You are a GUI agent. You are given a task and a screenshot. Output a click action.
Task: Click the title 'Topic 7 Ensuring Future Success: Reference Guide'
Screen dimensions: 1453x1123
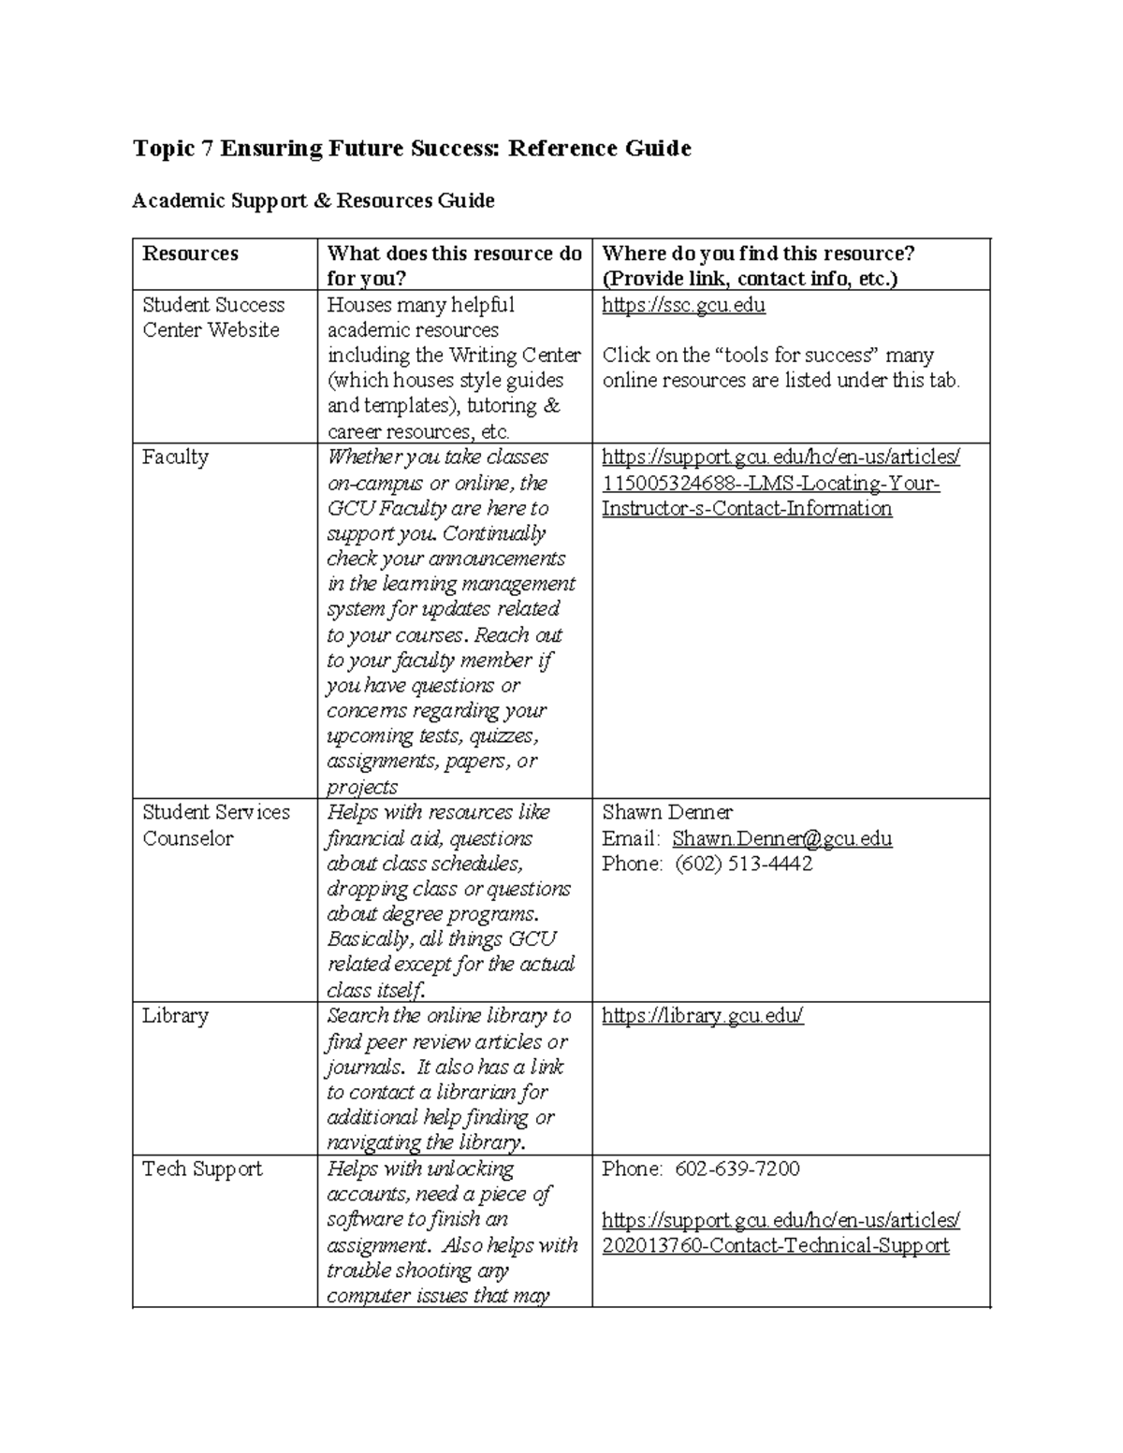click(412, 149)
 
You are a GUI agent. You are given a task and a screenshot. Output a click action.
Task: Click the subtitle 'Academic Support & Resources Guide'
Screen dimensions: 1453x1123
click(313, 200)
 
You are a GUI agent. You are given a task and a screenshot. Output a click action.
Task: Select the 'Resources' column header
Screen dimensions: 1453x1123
click(190, 254)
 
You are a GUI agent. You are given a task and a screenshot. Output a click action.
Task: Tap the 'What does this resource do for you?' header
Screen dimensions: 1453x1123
click(454, 266)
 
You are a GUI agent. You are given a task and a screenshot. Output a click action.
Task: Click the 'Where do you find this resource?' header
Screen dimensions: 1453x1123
click(758, 254)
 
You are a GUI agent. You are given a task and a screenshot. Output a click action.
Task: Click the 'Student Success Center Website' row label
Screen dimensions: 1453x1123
click(212, 317)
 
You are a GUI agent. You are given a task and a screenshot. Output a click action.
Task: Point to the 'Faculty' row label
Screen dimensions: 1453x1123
click(175, 458)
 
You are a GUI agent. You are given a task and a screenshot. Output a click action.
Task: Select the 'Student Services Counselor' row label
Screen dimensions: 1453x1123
click(215, 825)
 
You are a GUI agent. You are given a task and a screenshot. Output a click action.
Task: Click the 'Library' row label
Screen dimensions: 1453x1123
click(175, 1016)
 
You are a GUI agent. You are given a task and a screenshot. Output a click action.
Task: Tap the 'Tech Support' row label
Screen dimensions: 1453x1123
click(202, 1169)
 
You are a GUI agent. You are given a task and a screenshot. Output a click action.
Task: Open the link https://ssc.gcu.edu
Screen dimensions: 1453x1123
click(683, 305)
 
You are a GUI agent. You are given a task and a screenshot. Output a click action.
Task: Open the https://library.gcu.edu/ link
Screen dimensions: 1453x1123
click(702, 1016)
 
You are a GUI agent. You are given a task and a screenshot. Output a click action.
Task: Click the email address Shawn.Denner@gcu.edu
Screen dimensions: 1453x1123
click(781, 838)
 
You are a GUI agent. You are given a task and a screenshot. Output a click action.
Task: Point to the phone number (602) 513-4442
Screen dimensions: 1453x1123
click(743, 864)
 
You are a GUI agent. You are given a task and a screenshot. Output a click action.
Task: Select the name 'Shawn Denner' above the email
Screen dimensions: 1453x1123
click(666, 812)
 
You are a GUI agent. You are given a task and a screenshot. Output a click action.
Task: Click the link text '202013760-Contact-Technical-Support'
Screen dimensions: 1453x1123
click(775, 1245)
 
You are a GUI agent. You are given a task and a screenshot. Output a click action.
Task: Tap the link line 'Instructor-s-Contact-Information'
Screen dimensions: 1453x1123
click(746, 508)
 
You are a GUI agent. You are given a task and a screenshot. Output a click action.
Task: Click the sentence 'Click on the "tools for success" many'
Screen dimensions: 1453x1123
click(767, 356)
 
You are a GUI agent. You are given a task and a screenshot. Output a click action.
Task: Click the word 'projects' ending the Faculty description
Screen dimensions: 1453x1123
click(362, 787)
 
